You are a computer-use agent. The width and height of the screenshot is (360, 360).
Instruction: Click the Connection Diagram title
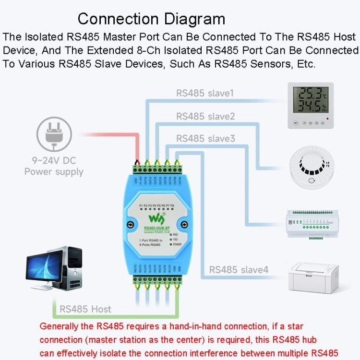tap(151, 19)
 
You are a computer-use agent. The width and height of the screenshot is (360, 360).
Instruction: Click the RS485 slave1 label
tap(205, 93)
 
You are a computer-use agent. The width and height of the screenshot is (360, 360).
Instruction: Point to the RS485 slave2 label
tap(205, 116)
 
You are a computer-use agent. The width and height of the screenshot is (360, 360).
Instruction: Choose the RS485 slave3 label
tap(205, 138)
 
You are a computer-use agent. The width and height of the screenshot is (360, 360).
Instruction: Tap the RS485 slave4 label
tap(238, 270)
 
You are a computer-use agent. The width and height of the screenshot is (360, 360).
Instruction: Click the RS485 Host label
tap(85, 309)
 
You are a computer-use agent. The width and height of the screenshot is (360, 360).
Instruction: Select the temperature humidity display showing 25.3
tap(311, 106)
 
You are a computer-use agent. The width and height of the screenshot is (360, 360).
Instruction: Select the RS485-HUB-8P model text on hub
tap(157, 228)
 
